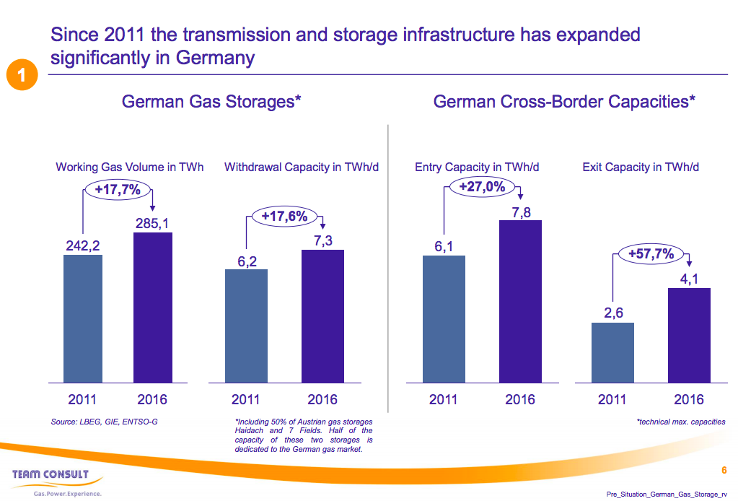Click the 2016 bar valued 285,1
[153, 307]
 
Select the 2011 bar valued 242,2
[83, 318]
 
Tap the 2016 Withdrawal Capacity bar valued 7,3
[322, 315]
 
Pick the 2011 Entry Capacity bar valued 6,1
[444, 318]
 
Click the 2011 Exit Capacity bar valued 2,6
[612, 352]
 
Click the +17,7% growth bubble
[118, 190]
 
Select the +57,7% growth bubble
[651, 254]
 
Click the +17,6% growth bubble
[284, 216]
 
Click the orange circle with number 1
[22, 76]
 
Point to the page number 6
[724, 471]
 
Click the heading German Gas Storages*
[211, 102]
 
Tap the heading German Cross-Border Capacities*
[564, 102]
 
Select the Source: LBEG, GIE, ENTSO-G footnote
[105, 421]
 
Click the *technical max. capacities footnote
[681, 422]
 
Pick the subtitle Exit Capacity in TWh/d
[641, 167]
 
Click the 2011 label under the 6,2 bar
[246, 399]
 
